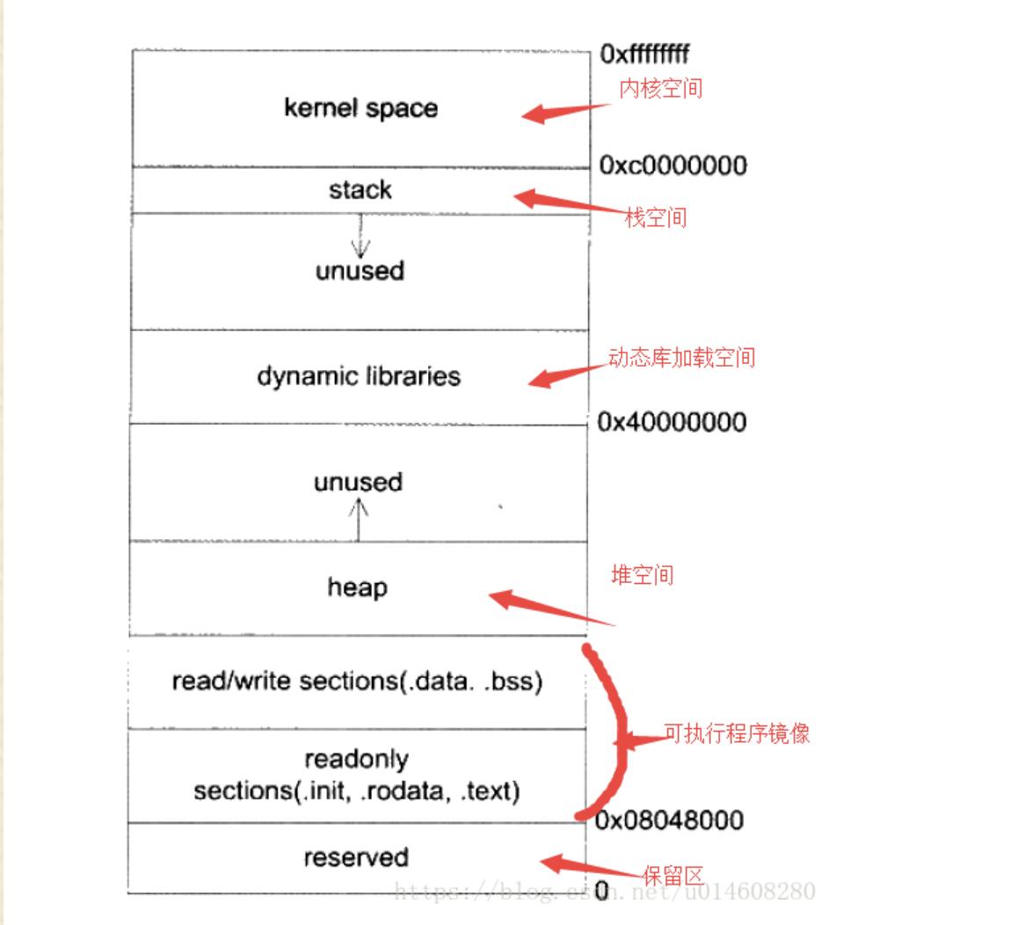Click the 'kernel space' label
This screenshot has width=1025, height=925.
[x=360, y=108]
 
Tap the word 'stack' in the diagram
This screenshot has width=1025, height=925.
[x=360, y=190]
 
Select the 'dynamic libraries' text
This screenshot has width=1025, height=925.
[x=359, y=376]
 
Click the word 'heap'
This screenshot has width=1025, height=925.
[x=357, y=586]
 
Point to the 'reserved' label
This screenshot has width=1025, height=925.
[x=356, y=857]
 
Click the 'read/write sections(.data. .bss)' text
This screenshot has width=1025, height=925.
[x=357, y=681]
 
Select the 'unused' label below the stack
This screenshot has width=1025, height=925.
[x=360, y=271]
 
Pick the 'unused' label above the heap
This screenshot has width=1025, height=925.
[x=358, y=482]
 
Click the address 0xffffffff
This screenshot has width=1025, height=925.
[x=644, y=55]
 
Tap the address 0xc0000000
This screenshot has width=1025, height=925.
[x=672, y=165]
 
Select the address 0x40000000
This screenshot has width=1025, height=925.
[x=672, y=422]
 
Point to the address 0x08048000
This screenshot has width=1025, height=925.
[x=669, y=820]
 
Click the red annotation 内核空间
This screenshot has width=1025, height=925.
[x=661, y=88]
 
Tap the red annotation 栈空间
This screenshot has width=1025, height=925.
[x=656, y=217]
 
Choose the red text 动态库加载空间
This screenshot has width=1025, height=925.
[x=681, y=357]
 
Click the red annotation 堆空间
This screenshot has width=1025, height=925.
[x=643, y=575]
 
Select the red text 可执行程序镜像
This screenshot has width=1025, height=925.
[x=737, y=733]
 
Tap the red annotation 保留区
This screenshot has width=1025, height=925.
[x=673, y=876]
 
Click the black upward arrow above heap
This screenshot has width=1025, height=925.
[x=358, y=520]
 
